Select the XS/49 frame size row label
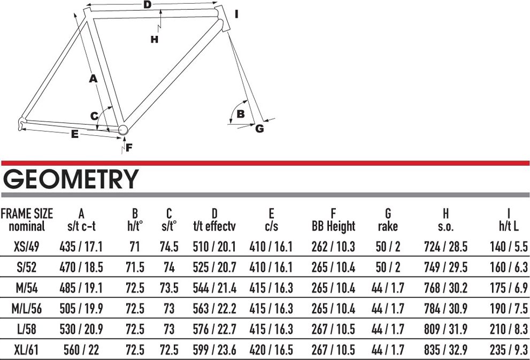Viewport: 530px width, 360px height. coord(27,246)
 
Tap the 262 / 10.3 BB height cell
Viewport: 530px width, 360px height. coord(333,246)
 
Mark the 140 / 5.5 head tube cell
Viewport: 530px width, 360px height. coord(509,246)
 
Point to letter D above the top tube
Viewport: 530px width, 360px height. coord(148,5)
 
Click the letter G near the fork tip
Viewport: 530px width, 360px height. coord(259,128)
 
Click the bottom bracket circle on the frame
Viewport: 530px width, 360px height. coord(122,129)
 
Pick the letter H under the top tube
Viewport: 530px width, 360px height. coord(155,39)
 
